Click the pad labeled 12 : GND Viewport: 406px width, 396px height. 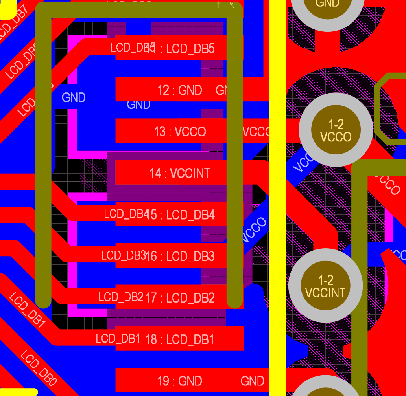(x=179, y=90)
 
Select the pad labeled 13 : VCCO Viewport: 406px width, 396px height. (x=179, y=131)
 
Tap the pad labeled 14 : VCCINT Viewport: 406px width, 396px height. (x=179, y=173)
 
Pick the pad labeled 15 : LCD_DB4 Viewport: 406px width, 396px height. (x=179, y=215)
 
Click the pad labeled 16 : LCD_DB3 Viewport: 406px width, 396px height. (x=179, y=256)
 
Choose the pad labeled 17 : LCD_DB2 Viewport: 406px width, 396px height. (x=179, y=298)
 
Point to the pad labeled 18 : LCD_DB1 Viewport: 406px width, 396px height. (x=179, y=339)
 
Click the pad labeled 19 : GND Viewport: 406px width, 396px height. (x=179, y=381)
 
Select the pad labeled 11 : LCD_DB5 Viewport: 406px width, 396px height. (x=179, y=49)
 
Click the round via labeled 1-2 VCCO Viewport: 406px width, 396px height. (x=336, y=130)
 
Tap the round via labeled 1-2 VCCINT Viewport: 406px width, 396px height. (x=325, y=286)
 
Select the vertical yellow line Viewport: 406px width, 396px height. (x=277, y=196)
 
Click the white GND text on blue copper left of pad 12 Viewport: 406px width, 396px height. (x=74, y=97)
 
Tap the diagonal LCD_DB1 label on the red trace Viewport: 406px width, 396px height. (x=27, y=310)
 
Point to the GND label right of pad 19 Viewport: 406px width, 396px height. (x=252, y=381)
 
